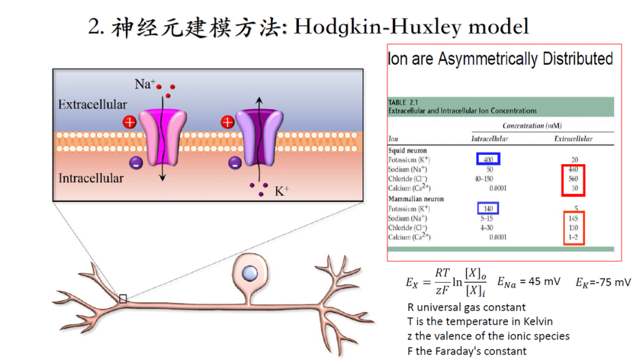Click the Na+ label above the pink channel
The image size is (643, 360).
click(145, 84)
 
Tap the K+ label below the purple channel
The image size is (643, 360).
click(282, 192)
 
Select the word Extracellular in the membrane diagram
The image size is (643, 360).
click(92, 105)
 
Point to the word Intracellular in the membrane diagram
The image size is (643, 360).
click(91, 178)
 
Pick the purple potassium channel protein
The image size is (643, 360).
click(258, 136)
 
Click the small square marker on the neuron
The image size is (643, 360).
click(123, 299)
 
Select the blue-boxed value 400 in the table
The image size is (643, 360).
click(488, 159)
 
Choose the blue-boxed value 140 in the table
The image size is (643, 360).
click(488, 208)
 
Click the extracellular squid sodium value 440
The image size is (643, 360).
click(573, 169)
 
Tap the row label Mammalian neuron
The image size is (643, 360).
click(416, 199)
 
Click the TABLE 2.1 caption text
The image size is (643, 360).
click(405, 102)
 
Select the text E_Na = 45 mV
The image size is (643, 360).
click(529, 281)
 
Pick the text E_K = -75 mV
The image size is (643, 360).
click(603, 282)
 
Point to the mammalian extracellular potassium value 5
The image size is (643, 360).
click(576, 209)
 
